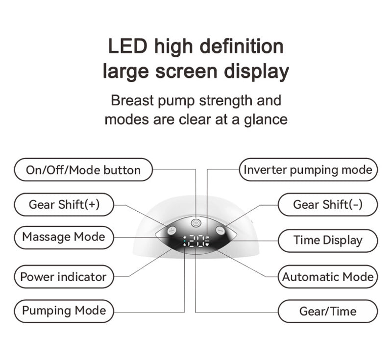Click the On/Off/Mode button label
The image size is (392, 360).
tap(83, 170)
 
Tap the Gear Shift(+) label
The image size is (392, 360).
tap(64, 204)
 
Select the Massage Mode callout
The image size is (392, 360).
tap(64, 237)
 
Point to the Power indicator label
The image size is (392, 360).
tap(63, 277)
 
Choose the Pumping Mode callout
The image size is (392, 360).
tap(64, 311)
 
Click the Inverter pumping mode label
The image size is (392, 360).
tap(308, 170)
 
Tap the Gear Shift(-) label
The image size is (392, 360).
tap(328, 204)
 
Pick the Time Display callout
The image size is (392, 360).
tap(328, 240)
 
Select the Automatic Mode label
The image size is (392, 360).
tap(328, 277)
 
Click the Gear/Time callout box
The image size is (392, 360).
tap(328, 311)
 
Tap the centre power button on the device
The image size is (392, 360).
tap(196, 222)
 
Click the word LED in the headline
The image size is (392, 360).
tap(127, 47)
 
